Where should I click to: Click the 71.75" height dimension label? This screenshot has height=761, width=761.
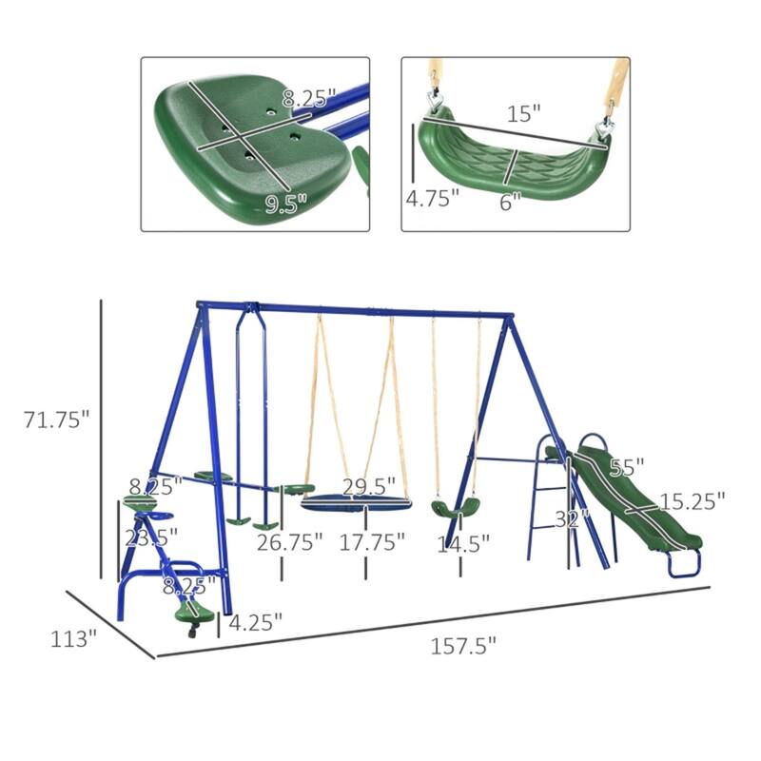56,420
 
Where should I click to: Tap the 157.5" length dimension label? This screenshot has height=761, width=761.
465,647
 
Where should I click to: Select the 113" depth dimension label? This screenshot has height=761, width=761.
73,638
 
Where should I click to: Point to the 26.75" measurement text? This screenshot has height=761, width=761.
289,543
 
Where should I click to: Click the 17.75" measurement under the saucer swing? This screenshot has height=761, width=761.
373,543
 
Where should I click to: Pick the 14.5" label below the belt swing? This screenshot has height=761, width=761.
462,543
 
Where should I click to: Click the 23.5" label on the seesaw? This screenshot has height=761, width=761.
151,537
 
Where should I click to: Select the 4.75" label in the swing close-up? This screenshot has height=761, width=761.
433,199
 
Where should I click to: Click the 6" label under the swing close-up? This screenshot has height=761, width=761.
510,202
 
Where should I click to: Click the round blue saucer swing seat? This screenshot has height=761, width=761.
356,504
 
